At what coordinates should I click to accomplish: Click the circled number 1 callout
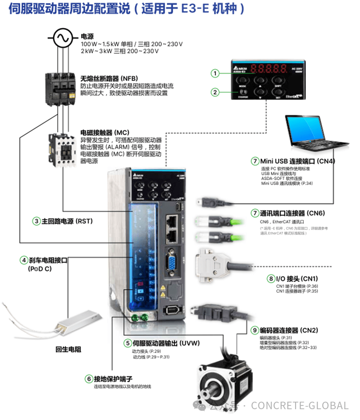[215, 74]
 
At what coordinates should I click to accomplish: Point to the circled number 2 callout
[215, 92]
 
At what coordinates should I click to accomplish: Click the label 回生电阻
[69, 349]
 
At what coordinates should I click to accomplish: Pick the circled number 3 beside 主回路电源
[37, 221]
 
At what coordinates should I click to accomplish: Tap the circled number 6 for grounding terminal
[89, 378]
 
